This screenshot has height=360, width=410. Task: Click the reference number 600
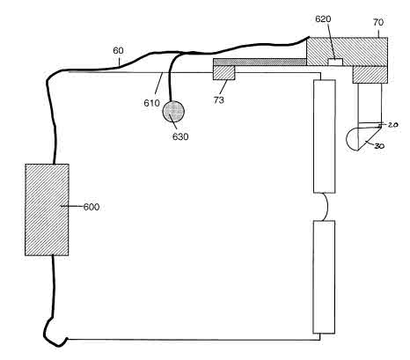tap(92, 207)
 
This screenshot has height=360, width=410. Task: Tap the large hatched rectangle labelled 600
tap(47, 209)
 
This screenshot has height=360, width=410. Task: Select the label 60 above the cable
tap(118, 51)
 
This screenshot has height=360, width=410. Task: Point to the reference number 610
tap(151, 103)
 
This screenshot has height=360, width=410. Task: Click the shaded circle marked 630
tap(173, 111)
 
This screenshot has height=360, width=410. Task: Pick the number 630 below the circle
tap(180, 136)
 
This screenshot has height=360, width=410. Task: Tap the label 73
tap(219, 100)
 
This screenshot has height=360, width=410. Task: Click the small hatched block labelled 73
tap(224, 72)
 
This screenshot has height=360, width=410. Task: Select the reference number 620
tap(323, 19)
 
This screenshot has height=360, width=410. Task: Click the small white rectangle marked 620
tap(335, 62)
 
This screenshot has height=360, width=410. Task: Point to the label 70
tap(378, 22)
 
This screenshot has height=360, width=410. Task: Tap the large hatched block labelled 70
tap(347, 51)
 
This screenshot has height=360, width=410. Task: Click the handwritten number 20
tap(392, 125)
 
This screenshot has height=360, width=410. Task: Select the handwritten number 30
tap(379, 146)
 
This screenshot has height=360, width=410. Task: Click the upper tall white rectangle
tap(325, 136)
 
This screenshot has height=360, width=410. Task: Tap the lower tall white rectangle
tap(324, 277)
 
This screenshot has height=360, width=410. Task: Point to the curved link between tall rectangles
tap(326, 207)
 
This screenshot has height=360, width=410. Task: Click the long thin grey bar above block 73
tap(260, 62)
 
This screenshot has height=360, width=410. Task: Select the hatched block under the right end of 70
tap(370, 75)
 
